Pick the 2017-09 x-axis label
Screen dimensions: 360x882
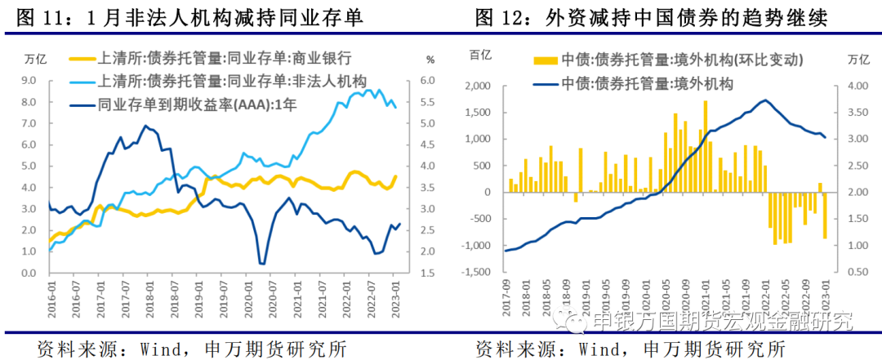pos(506,291)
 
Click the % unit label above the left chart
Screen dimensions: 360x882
pos(430,59)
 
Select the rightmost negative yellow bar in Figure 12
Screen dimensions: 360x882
pos(825,216)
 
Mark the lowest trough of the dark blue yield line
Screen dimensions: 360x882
pos(262,263)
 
